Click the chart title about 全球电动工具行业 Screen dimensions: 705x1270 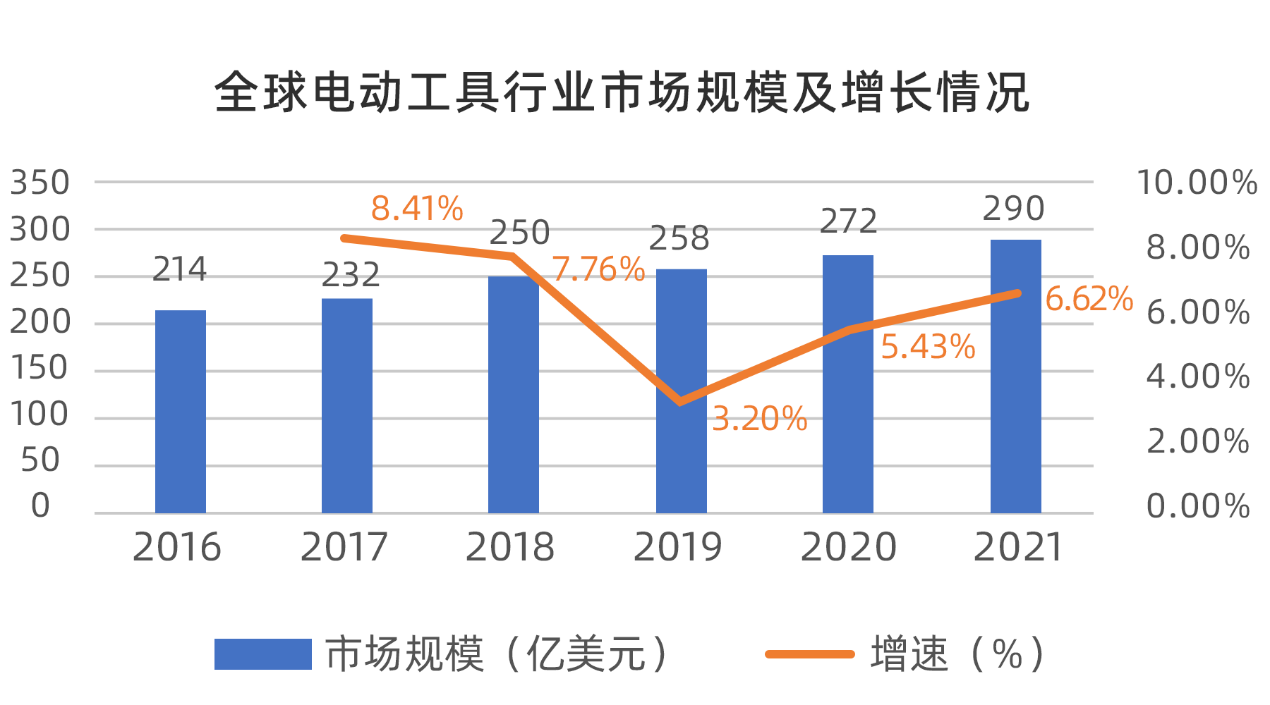click(621, 92)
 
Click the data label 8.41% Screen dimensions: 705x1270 click(417, 209)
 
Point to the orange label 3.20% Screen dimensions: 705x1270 click(759, 419)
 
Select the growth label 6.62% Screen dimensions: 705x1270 click(1089, 299)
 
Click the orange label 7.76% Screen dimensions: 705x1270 click(598, 269)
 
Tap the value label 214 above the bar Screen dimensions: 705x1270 click(180, 269)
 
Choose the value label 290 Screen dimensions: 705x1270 click(1013, 209)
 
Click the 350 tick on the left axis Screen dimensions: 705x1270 click(40, 183)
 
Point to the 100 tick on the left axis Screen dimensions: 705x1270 click(40, 415)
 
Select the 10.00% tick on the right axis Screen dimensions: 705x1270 click(1197, 183)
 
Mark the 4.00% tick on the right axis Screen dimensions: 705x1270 click(1198, 376)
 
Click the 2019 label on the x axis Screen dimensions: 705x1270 click(678, 548)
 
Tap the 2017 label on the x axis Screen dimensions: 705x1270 click(344, 548)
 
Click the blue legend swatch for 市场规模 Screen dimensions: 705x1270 click(262, 654)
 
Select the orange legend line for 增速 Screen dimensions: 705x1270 click(810, 654)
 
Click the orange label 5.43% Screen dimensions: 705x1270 click(928, 347)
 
